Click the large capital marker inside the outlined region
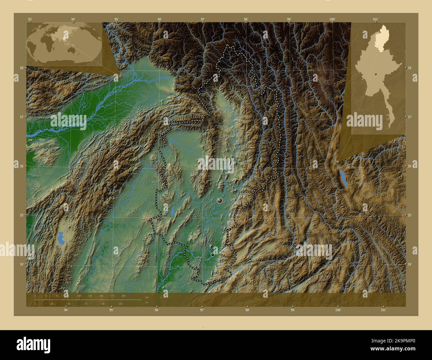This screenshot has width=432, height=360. coord(219,200)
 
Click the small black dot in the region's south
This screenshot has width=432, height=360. coord(213,255)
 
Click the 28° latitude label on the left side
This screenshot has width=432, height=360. coord(21,68)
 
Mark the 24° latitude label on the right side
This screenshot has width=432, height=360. coord(410,264)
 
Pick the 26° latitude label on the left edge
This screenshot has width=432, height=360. coord(21,166)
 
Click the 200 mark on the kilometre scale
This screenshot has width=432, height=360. coord(123,296)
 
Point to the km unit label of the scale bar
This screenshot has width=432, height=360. coord(147,297)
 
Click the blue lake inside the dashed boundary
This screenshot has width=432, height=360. coord(173,210)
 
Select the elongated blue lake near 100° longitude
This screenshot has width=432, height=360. coord(343,178)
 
